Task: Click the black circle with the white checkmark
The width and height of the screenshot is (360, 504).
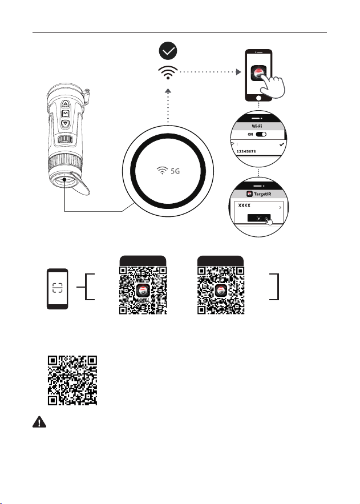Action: point(168,51)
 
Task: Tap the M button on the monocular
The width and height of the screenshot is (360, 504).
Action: point(66,114)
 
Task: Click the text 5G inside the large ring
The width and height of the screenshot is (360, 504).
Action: point(175,171)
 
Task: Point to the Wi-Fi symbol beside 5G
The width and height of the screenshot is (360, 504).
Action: point(162,170)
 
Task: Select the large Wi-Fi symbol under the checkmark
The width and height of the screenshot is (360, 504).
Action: point(168,72)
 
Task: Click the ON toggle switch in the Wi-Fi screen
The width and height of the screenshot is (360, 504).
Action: point(261,134)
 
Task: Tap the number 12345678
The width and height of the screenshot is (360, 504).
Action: point(246,151)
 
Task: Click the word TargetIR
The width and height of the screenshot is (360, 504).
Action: point(262,194)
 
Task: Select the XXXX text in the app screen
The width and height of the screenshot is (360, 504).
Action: point(244,205)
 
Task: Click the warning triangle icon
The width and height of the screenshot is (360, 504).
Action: point(39,422)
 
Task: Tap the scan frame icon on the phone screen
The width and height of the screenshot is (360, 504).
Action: point(58,288)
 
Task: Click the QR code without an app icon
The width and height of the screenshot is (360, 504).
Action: point(72,380)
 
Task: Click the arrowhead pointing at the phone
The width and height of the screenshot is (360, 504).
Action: point(238,72)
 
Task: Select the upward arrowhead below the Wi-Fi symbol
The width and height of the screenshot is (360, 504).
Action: point(168,91)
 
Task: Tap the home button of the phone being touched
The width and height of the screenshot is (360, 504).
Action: point(258,97)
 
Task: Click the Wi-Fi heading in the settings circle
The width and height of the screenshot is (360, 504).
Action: point(257,126)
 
